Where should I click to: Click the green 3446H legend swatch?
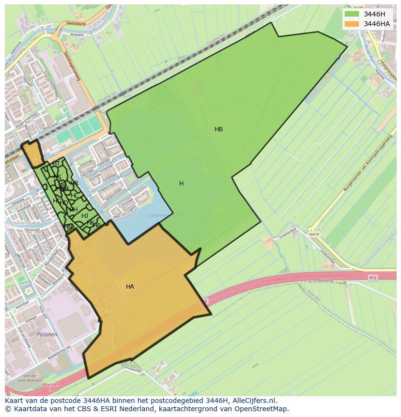[x=352, y=14]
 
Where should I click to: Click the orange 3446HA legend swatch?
[x=352, y=24]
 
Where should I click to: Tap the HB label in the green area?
[x=218, y=129]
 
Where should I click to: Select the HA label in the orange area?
[x=130, y=287]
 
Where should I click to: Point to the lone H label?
[x=181, y=184]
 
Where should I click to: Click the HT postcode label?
[x=56, y=164]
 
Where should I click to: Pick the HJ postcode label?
[x=85, y=216]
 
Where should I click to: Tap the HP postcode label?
[x=97, y=226]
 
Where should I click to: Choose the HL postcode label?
[x=74, y=195]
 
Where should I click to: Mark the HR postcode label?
[x=74, y=183]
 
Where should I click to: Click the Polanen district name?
[x=47, y=334]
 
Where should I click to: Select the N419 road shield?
[x=314, y=234]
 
